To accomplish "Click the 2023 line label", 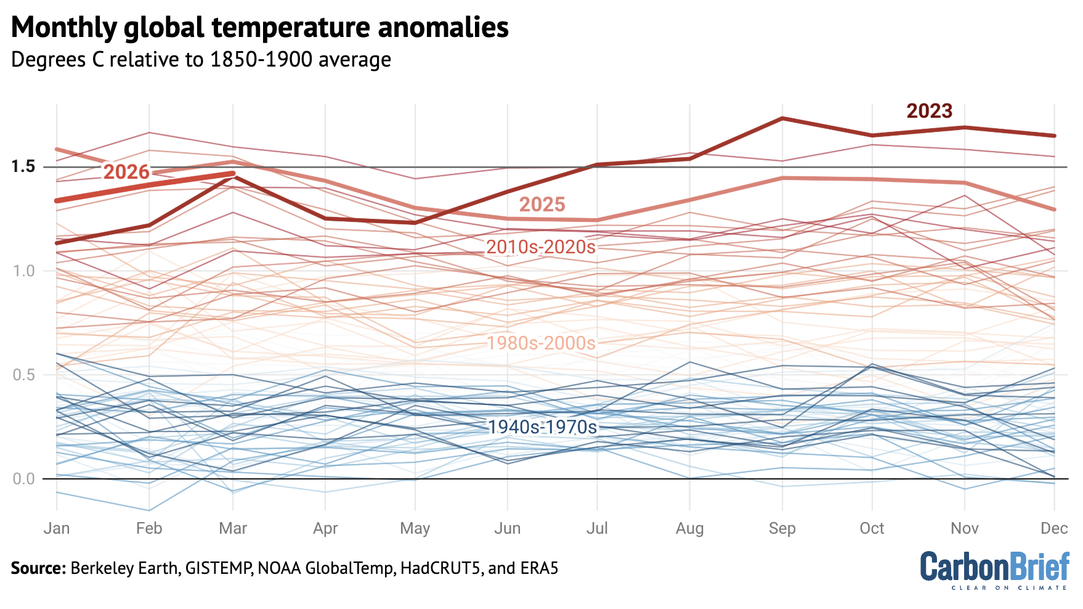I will click(x=929, y=111).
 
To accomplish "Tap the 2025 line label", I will click(x=541, y=205).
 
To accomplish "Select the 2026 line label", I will click(x=126, y=171).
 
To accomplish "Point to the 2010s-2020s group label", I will click(x=540, y=247).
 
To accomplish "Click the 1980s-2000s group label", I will click(x=541, y=343).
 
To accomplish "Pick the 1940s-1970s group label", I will click(x=542, y=427).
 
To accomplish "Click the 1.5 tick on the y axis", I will click(x=23, y=167).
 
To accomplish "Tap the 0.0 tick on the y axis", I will click(x=23, y=479).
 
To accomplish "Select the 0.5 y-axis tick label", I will click(x=23, y=375).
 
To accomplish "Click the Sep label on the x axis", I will click(x=782, y=528).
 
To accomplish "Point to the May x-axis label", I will click(x=415, y=528).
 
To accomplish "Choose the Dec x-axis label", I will click(x=1053, y=528).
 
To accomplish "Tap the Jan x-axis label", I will click(x=57, y=528).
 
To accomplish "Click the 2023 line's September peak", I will click(x=782, y=118).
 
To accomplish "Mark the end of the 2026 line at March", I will click(x=233, y=174).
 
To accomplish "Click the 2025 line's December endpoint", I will click(x=1055, y=210).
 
